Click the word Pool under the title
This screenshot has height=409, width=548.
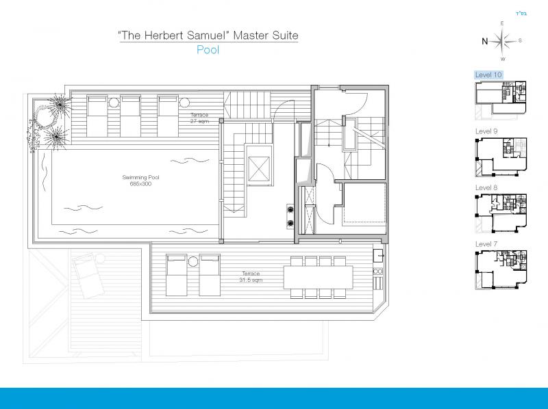(208, 50)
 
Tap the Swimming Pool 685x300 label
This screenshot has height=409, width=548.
(140, 181)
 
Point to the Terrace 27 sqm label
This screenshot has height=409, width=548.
(199, 118)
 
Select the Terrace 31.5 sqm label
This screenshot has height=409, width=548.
(251, 277)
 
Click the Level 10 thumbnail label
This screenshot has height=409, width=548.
(488, 75)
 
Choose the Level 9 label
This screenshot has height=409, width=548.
(486, 131)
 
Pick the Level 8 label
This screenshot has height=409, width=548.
(486, 188)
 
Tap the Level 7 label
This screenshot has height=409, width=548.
(486, 244)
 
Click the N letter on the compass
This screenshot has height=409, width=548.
(484, 42)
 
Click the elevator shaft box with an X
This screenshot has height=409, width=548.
(259, 169)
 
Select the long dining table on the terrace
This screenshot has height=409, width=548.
(318, 277)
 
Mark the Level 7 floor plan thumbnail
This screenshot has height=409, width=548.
(501, 269)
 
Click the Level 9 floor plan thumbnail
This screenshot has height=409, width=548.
(501, 157)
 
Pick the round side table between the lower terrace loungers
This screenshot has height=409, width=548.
(193, 261)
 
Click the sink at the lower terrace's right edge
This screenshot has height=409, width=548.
(378, 256)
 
